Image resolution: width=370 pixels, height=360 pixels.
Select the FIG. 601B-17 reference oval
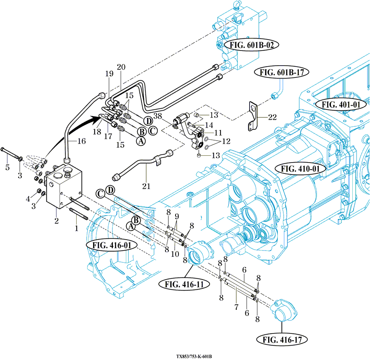(282, 72)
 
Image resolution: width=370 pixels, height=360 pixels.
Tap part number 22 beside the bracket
(272, 117)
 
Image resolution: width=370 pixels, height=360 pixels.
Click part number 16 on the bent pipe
(81, 141)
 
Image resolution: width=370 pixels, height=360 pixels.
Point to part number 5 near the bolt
(7, 168)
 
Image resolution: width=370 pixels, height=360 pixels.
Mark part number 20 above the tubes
(121, 67)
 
